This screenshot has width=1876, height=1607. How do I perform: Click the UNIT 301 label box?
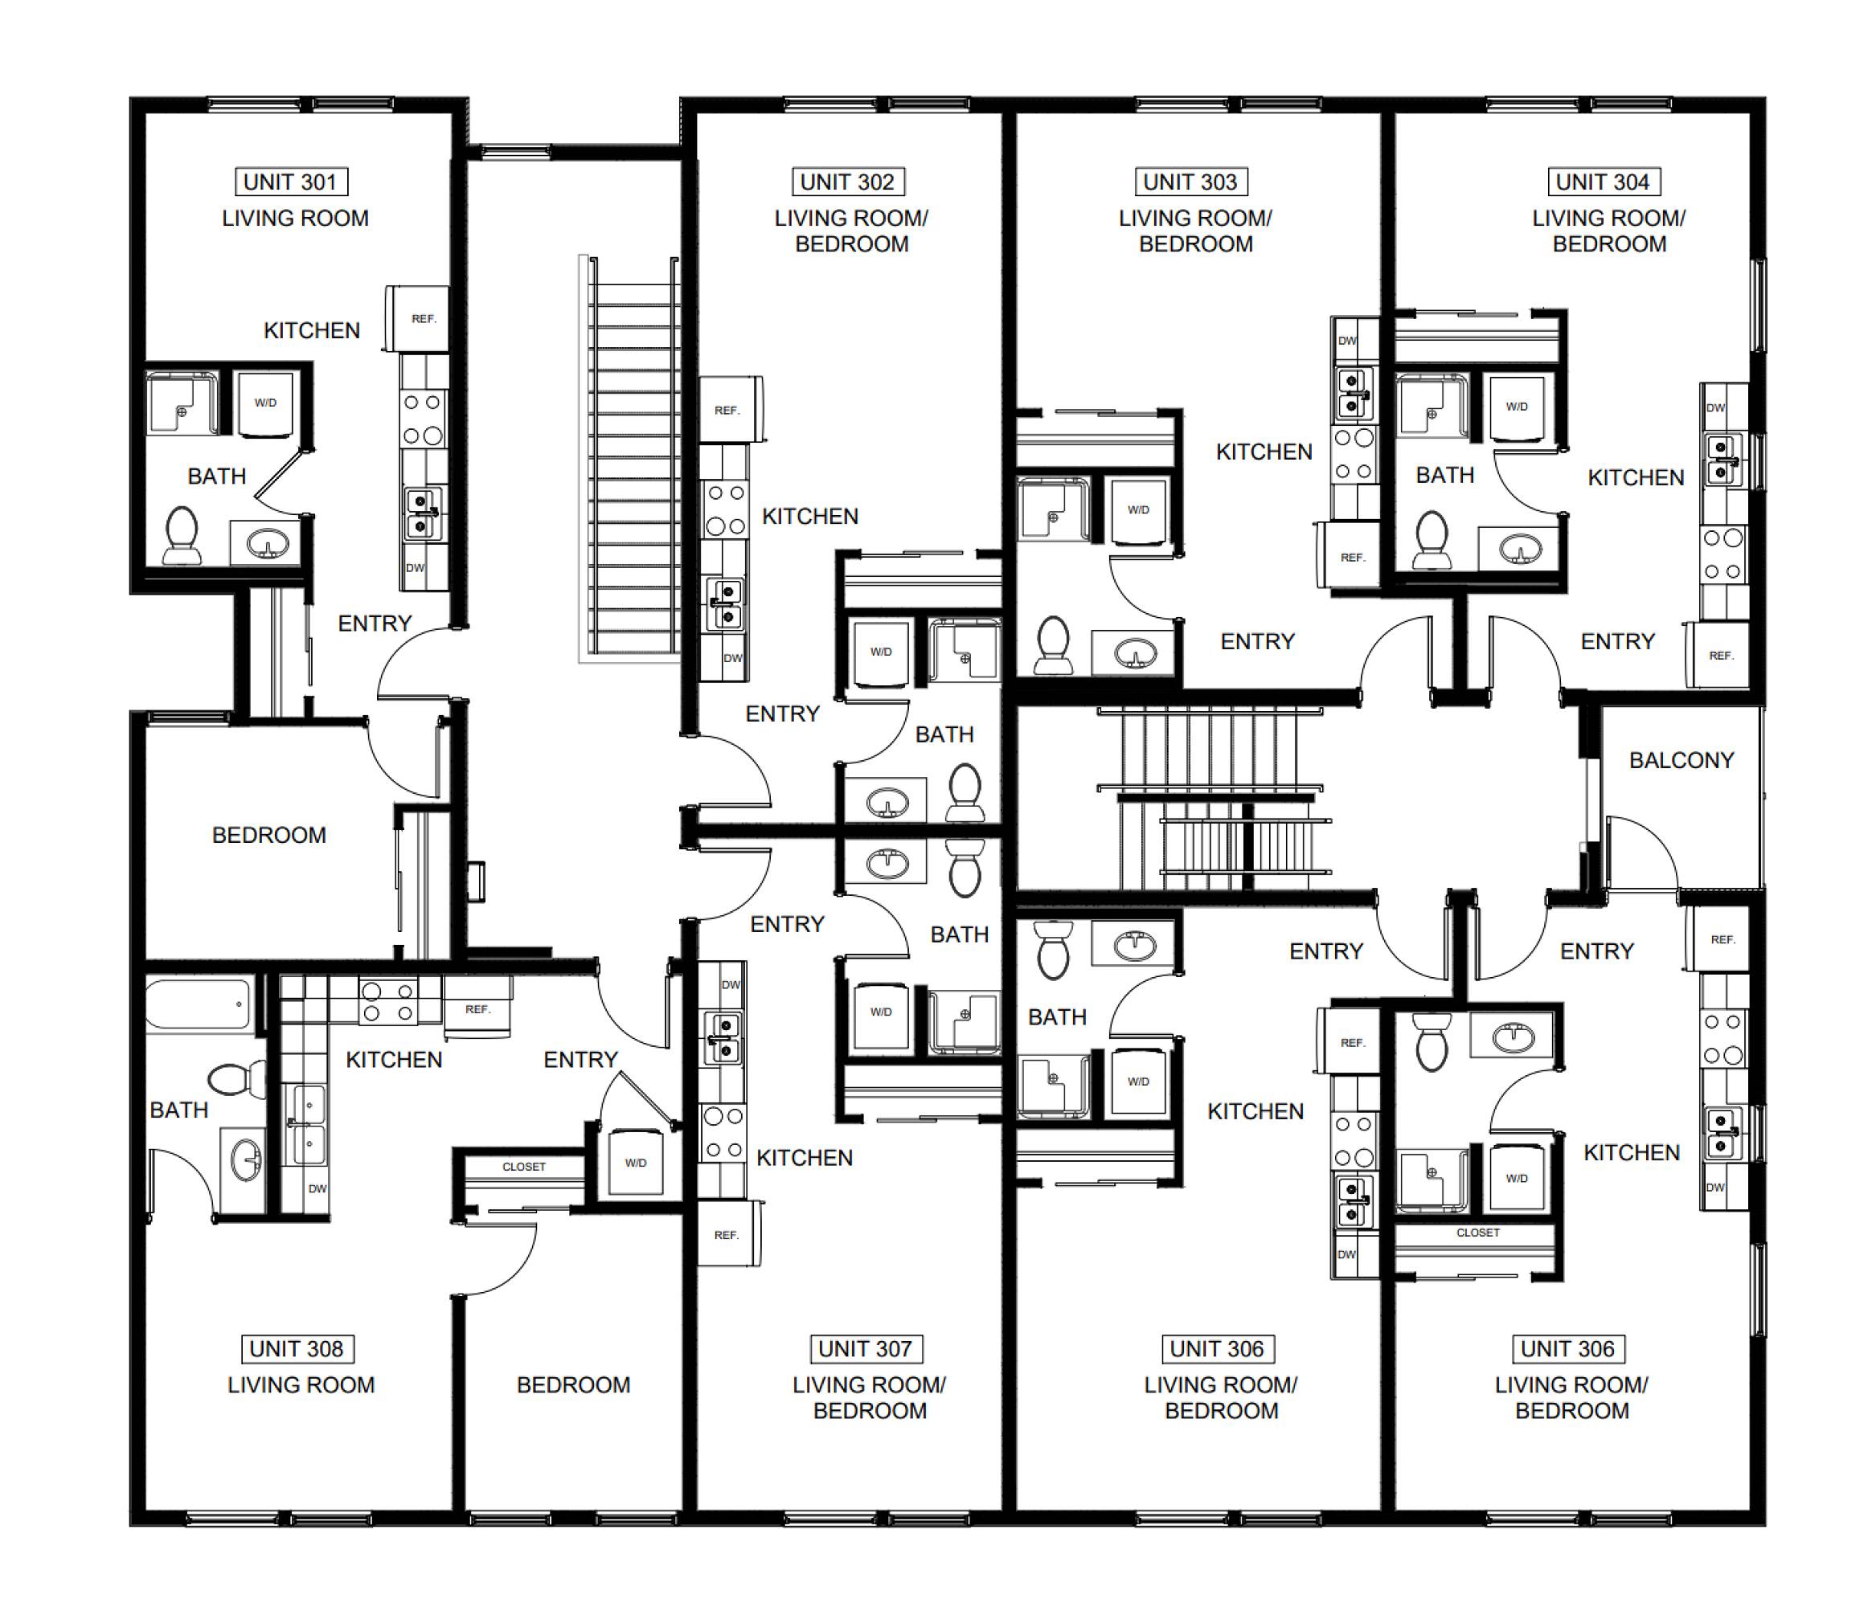[x=291, y=182]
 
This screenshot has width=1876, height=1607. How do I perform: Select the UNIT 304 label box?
[x=1604, y=182]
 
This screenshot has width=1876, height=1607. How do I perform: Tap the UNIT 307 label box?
[x=866, y=1349]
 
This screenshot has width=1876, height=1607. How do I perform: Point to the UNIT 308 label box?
[x=297, y=1349]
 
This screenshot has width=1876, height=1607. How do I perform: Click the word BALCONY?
[x=1681, y=760]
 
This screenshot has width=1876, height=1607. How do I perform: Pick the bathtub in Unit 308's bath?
[x=199, y=1004]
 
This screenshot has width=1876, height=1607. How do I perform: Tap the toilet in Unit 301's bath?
[x=181, y=536]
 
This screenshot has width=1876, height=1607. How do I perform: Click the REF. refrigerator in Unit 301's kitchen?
[x=417, y=319]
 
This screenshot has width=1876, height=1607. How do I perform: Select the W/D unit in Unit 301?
[x=265, y=403]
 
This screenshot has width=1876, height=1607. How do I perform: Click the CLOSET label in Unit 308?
[x=524, y=1167]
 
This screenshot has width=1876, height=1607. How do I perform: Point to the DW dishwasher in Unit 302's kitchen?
[x=732, y=658]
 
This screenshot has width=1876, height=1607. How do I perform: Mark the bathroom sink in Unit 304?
[x=1520, y=549]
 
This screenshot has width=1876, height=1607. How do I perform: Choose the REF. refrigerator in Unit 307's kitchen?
[x=728, y=1234]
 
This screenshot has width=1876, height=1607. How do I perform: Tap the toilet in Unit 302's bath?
[x=965, y=792]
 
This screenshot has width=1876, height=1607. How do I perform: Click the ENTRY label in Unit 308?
[x=580, y=1059]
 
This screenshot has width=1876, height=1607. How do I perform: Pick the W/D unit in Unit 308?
[x=636, y=1163]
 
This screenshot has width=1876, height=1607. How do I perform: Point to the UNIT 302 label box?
[x=847, y=182]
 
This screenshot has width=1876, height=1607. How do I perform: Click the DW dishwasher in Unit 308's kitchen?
[x=317, y=1188]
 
